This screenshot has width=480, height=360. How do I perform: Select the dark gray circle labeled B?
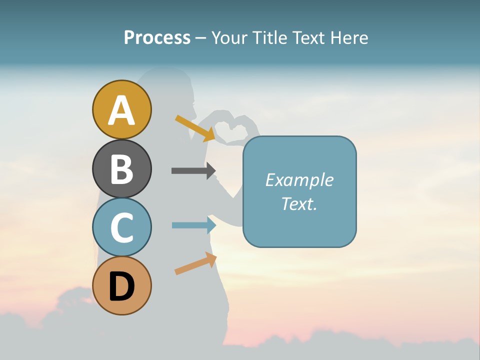121,168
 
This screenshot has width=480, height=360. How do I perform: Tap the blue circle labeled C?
121,227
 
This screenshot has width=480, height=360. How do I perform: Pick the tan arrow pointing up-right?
195,263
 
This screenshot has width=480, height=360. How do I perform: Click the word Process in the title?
157,37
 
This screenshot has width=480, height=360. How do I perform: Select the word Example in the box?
299,180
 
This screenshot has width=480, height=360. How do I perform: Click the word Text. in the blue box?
299,203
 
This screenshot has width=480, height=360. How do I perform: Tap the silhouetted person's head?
172,92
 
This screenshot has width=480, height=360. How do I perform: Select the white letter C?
121,228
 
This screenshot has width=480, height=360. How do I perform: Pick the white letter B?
121,169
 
